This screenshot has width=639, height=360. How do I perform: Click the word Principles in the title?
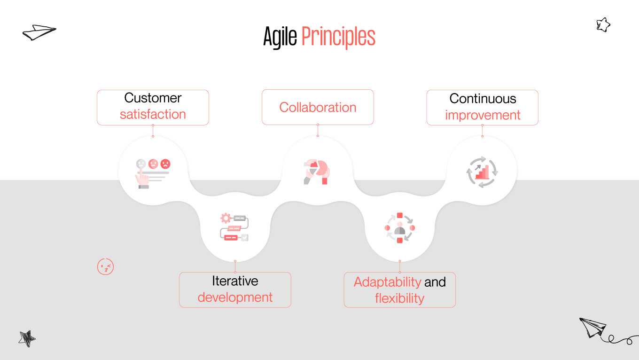tap(338, 37)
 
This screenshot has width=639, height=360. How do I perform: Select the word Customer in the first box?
tap(153, 98)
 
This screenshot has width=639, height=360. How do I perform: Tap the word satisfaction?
tap(153, 114)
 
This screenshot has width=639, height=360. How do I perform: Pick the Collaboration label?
tap(318, 107)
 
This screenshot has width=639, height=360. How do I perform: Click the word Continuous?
tap(483, 99)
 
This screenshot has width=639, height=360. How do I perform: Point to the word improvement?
tap(483, 115)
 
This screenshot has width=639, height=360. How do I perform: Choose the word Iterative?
tap(235, 281)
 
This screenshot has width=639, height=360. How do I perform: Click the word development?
tap(235, 297)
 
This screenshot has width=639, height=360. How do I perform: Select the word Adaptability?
tap(387, 282)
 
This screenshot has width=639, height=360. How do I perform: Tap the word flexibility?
tap(399, 298)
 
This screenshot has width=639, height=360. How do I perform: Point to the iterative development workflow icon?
tap(234, 227)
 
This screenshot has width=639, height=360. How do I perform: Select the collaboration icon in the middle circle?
tap(317, 172)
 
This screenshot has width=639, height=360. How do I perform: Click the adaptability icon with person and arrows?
tap(400, 228)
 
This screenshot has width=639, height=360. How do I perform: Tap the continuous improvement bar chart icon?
tap(482, 172)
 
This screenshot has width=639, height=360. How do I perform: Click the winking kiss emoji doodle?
tap(105, 267)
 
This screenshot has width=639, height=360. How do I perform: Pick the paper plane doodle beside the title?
tap(39, 32)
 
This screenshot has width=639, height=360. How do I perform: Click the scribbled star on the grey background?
tap(27, 338)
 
